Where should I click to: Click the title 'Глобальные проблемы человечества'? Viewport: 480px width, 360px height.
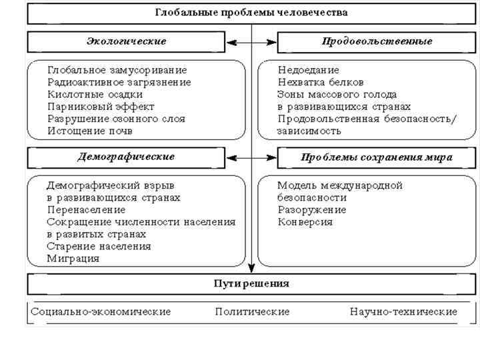[251, 13]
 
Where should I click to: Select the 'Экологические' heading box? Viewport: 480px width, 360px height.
[126, 41]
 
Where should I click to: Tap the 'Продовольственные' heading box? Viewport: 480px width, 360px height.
[377, 41]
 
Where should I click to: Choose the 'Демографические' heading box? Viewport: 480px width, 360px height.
[126, 157]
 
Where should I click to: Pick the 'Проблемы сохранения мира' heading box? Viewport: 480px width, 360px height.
[377, 158]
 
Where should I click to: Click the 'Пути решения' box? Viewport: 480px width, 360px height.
[251, 283]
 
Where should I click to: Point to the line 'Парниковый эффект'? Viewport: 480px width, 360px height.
[101, 107]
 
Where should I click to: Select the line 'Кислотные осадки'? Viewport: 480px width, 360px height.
[95, 95]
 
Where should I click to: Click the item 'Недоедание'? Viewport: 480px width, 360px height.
[309, 70]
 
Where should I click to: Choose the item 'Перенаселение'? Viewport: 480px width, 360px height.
[86, 210]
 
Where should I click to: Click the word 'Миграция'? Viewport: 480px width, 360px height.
[73, 259]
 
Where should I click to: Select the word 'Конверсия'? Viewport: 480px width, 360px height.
[305, 222]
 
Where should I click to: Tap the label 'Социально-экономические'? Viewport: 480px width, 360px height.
[101, 312]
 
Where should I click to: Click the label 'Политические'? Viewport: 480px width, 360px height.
[252, 312]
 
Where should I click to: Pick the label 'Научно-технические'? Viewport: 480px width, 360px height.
[403, 312]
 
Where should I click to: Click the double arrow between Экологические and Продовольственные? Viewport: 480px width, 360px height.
[251, 42]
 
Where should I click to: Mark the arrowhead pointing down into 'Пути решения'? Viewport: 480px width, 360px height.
[251, 268]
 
